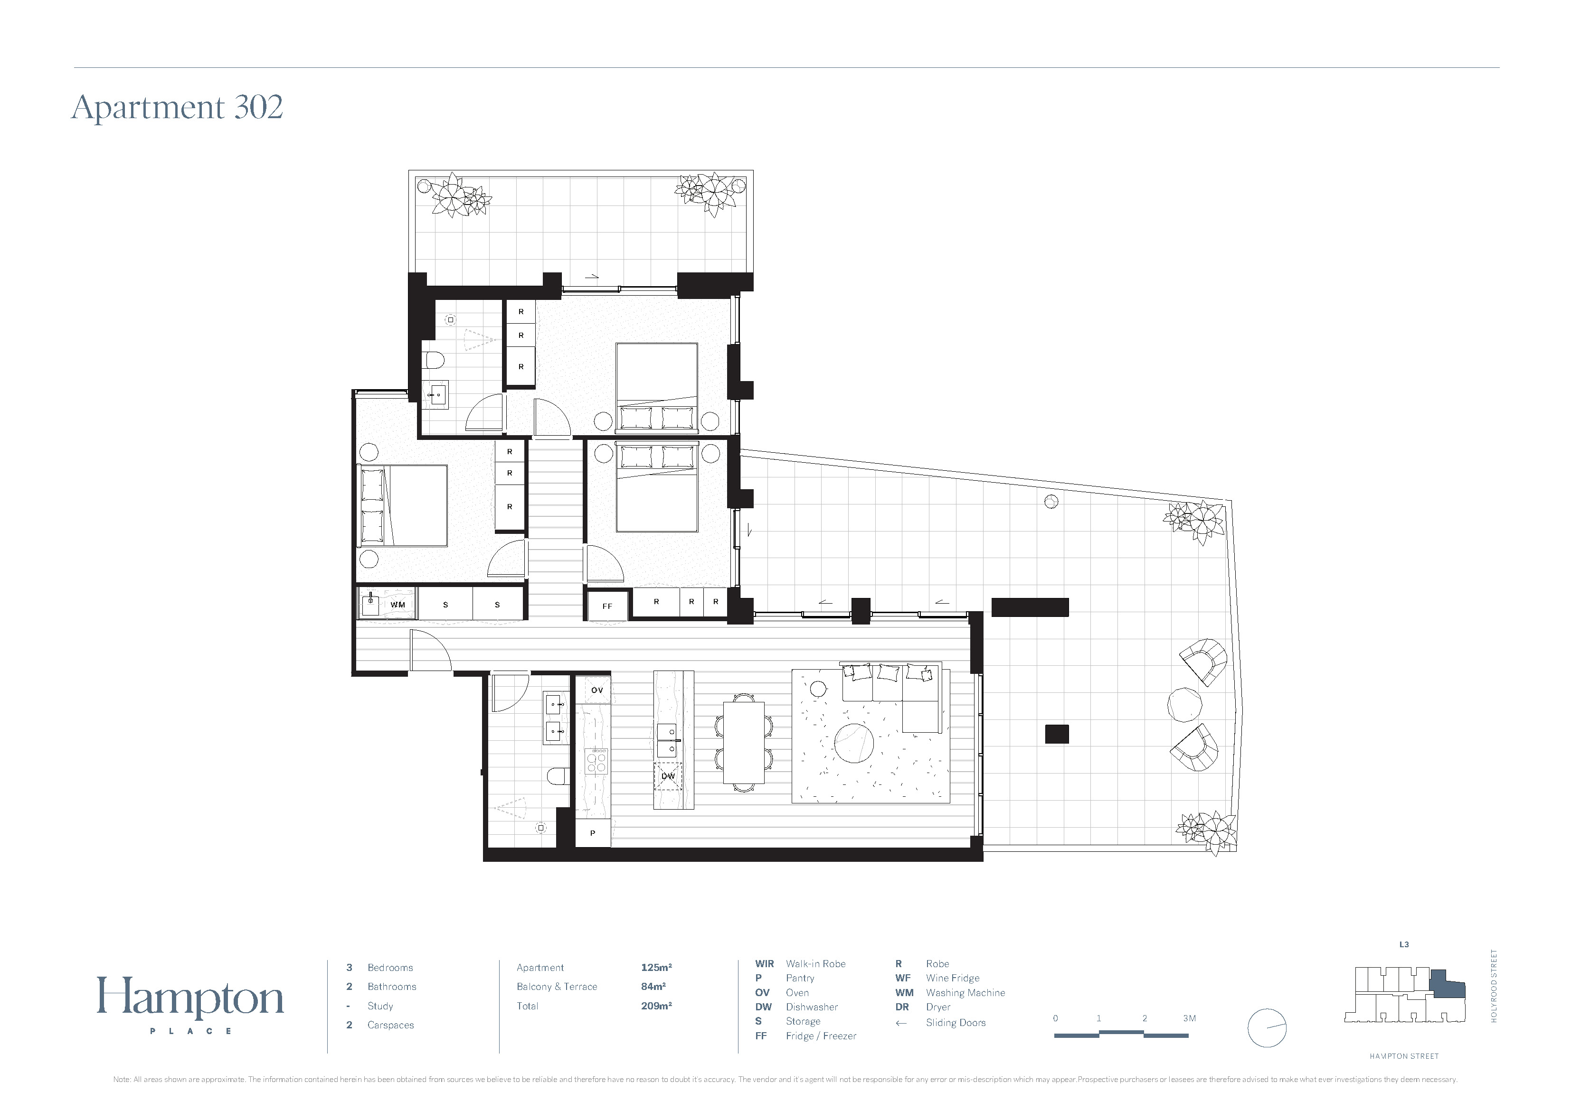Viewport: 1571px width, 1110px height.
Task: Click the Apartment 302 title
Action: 177,107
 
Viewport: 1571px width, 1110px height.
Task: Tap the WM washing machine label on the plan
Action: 397,605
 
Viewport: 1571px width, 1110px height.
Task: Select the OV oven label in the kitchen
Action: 596,690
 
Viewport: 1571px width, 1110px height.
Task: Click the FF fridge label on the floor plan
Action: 607,606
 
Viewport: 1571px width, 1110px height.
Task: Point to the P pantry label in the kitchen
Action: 593,833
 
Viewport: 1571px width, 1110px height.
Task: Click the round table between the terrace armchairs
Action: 1184,704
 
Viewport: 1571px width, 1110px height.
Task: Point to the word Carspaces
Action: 391,1025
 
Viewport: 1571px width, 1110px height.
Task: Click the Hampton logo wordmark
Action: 190,998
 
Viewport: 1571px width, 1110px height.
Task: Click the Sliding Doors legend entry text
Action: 956,1023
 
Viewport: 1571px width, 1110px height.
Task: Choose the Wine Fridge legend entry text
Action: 953,978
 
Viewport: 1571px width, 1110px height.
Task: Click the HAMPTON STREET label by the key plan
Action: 1404,1056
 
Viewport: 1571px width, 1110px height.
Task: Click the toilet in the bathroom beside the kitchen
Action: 558,775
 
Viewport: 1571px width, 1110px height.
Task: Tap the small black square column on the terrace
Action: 1057,733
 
